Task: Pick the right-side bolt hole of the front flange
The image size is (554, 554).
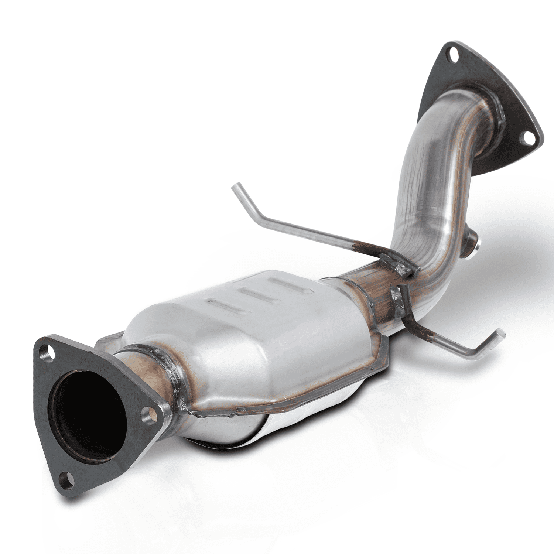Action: (149, 421)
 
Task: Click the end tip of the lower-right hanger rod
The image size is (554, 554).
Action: (500, 333)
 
